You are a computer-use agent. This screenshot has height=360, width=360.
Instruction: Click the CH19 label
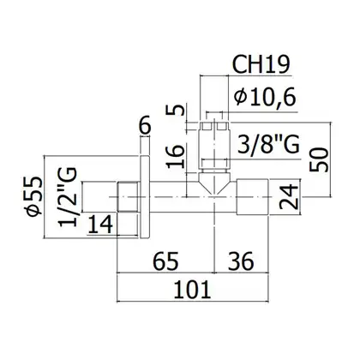click(261, 64)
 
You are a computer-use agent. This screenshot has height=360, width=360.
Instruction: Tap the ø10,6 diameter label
click(265, 97)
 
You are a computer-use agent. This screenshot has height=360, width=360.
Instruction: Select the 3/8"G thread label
click(268, 144)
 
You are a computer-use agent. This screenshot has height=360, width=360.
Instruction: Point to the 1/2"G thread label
click(68, 197)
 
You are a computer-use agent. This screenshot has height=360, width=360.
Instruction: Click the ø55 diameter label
click(34, 196)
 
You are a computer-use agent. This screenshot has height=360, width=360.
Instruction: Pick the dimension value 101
click(192, 290)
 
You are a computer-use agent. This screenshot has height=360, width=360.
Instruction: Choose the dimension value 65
click(165, 261)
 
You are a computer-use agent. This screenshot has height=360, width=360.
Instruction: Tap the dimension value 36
click(241, 261)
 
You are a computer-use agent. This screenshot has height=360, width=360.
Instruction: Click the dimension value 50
click(319, 159)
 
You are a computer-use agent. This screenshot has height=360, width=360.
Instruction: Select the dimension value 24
click(289, 197)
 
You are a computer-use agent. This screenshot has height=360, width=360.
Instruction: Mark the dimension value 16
click(175, 156)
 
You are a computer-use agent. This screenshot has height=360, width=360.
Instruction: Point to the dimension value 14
click(100, 225)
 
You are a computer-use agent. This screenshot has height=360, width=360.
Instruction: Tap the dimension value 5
click(175, 110)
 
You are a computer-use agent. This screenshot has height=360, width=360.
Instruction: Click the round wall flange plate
click(145, 197)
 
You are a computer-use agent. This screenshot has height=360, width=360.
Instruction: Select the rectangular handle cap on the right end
click(252, 197)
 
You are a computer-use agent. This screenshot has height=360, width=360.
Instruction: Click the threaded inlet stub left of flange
click(128, 197)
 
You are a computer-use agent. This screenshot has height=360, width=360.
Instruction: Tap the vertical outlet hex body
click(214, 147)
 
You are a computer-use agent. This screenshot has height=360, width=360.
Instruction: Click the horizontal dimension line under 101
click(193, 301)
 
